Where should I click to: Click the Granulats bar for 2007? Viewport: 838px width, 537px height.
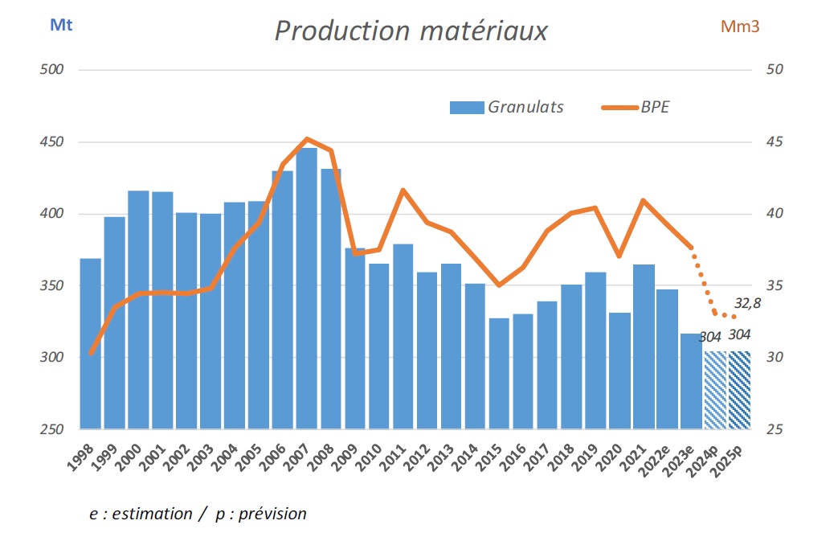pyautogui.click(x=307, y=289)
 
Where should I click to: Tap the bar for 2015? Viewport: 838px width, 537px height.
pyautogui.click(x=499, y=374)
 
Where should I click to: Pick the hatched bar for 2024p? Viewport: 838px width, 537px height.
pyautogui.click(x=715, y=390)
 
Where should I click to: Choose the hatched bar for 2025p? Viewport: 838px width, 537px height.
pyautogui.click(x=739, y=390)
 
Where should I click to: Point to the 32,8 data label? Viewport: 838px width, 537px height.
pyautogui.click(x=748, y=304)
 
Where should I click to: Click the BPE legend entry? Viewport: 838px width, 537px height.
pyautogui.click(x=655, y=107)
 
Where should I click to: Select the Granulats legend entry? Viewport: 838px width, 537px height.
pyautogui.click(x=525, y=107)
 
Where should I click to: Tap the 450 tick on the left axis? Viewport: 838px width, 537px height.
pyautogui.click(x=52, y=142)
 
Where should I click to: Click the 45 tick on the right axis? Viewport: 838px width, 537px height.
pyautogui.click(x=775, y=142)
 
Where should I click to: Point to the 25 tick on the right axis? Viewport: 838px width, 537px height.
pyautogui.click(x=775, y=430)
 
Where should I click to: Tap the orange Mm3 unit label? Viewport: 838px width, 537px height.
pyautogui.click(x=740, y=27)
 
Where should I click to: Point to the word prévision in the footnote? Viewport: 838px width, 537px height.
pyautogui.click(x=269, y=514)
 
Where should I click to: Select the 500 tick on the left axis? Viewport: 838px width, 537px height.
pyautogui.click(x=52, y=70)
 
